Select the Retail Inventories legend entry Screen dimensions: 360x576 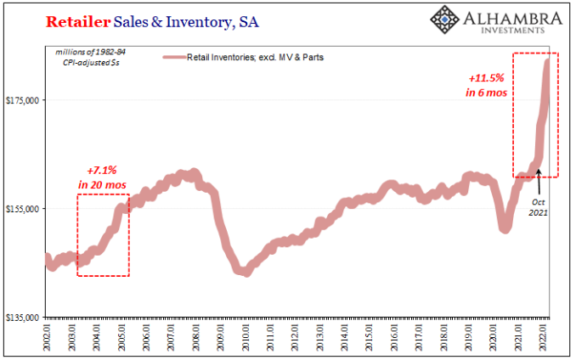(243, 58)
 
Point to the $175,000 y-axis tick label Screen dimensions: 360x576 (25, 100)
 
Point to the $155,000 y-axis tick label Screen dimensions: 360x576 (25, 209)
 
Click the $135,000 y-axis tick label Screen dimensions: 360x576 (25, 318)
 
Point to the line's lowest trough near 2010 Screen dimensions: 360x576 (245, 272)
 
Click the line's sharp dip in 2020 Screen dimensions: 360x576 (505, 227)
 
